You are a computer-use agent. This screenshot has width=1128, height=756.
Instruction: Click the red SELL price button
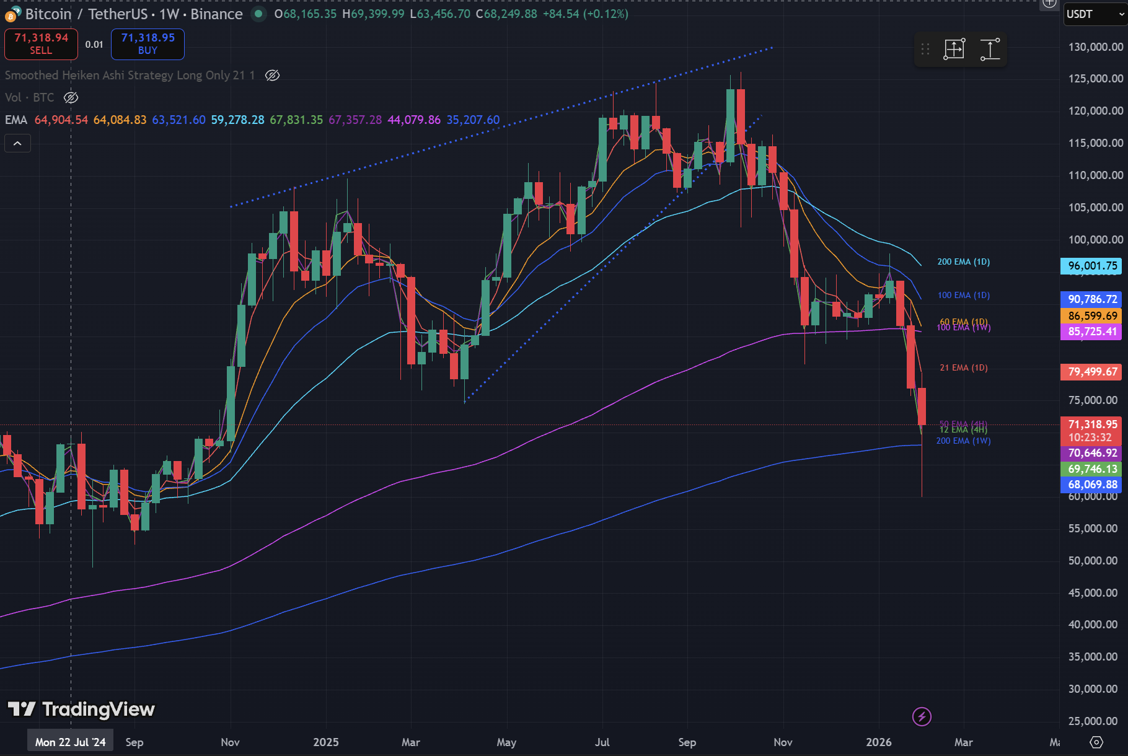coord(41,44)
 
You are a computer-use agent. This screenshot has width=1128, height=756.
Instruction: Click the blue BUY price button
coord(148,44)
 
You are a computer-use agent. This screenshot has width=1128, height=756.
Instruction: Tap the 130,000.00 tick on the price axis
coord(1095,47)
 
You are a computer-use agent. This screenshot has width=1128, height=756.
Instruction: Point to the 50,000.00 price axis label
coord(1095,561)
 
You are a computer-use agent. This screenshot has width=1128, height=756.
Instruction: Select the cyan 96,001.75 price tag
coord(1092,266)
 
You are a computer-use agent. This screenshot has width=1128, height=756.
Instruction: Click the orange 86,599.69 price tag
coord(1092,316)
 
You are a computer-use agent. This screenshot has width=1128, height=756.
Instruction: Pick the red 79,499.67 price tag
coord(1092,372)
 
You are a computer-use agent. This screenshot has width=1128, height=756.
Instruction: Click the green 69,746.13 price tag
coord(1092,469)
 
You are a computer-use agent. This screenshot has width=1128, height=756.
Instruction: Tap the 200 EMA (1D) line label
coord(963,262)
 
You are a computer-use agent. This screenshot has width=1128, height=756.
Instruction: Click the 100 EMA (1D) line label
coord(963,296)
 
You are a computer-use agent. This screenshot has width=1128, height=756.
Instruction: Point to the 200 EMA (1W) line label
coord(963,441)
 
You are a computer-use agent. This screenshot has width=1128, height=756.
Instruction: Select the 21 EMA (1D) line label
coord(963,368)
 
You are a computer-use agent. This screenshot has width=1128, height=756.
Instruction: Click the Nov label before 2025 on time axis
coord(230,742)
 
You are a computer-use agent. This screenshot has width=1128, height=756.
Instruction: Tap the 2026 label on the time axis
coord(878,742)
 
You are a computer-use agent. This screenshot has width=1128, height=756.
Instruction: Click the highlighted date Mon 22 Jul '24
coord(70,742)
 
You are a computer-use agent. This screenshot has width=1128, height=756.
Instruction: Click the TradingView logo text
coord(98,710)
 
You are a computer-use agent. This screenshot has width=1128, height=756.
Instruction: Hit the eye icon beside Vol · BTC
coord(71,98)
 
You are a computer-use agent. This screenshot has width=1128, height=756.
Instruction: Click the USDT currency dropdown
coord(1095,14)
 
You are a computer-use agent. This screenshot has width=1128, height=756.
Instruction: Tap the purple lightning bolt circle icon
coord(922,717)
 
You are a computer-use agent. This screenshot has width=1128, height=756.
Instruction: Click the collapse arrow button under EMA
coord(17,144)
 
